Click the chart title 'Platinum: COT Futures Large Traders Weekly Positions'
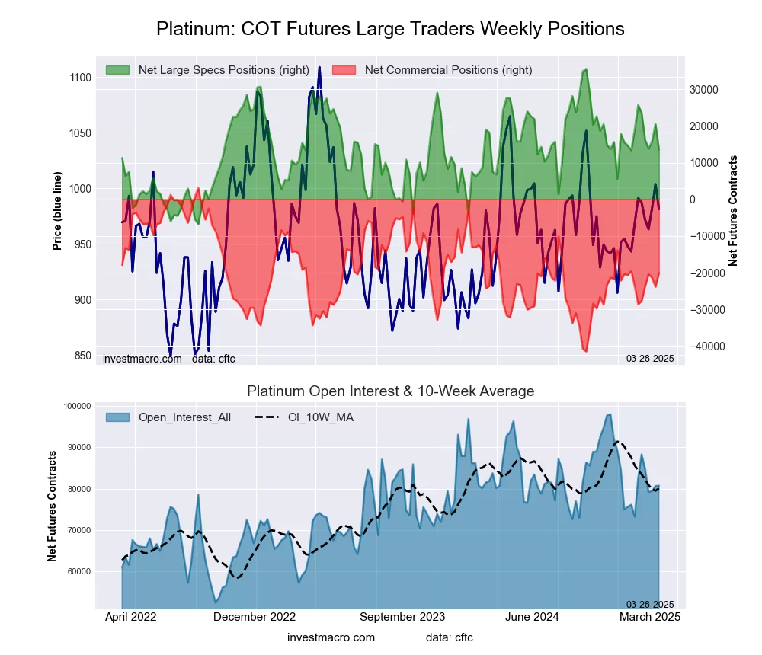(x=390, y=29)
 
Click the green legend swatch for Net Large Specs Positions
(x=118, y=70)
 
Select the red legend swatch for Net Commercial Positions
(x=344, y=70)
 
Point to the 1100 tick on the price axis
(x=79, y=78)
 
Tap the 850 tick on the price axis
(x=81, y=356)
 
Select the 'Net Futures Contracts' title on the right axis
(x=734, y=210)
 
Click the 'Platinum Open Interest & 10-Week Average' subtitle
(x=390, y=391)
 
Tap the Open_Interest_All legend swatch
(x=118, y=417)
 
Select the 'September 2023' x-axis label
(x=402, y=617)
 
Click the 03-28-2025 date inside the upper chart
(x=650, y=359)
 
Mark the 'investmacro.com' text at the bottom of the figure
(x=331, y=637)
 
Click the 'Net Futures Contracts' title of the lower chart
(x=53, y=506)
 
